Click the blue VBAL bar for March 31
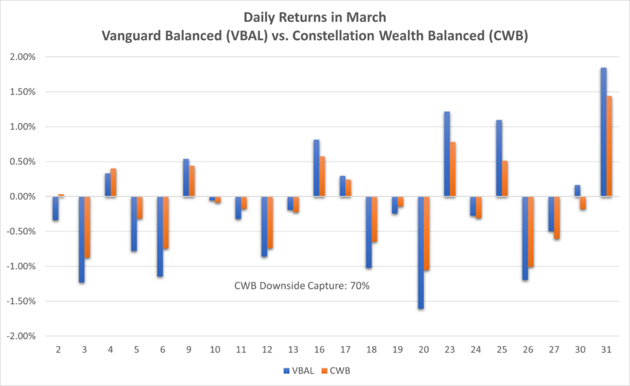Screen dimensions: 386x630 [604, 132]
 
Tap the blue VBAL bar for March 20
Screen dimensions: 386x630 [421, 253]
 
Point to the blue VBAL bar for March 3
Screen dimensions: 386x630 [81, 240]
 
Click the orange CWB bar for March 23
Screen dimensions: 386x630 [453, 170]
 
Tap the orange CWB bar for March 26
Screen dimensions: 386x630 [532, 232]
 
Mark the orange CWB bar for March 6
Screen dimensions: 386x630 [165, 223]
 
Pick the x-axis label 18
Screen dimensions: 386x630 [372, 349]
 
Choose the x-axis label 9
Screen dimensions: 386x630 [188, 349]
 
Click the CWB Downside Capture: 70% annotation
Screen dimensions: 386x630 [301, 286]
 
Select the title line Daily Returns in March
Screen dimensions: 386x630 [314, 17]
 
